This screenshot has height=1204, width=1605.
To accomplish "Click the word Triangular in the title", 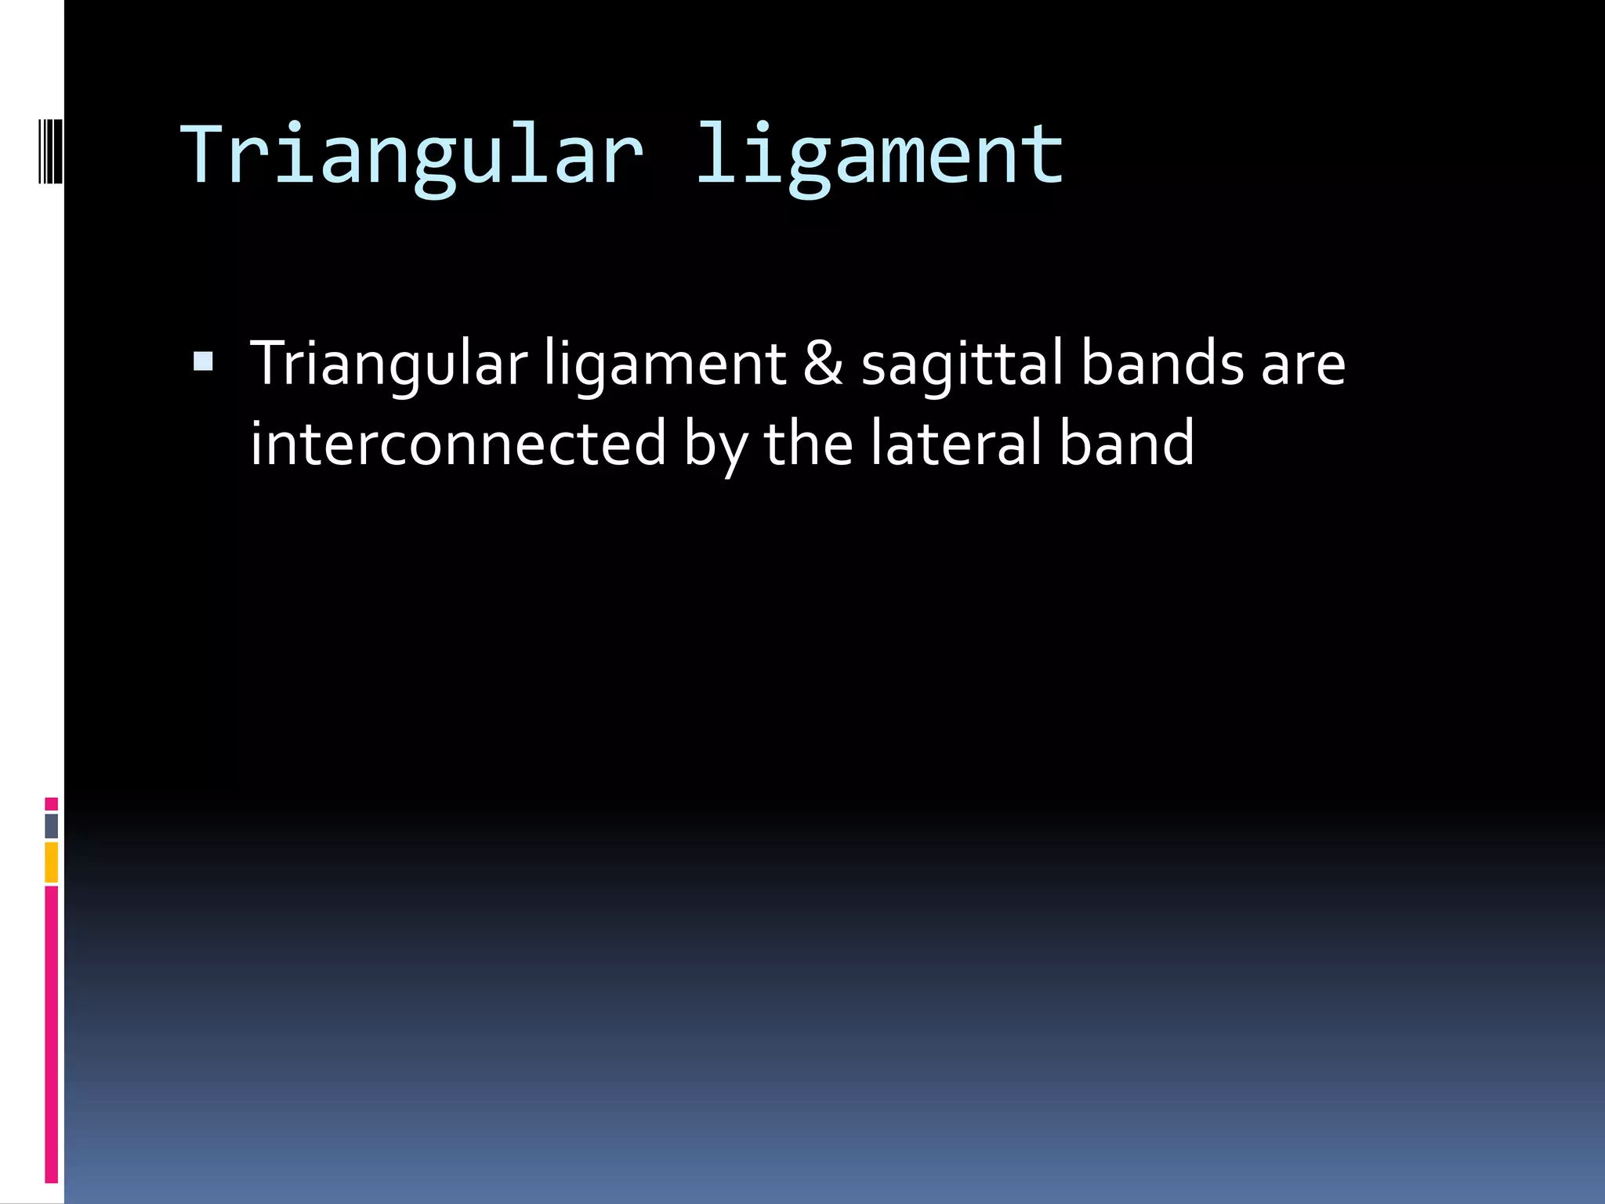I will (x=411, y=157).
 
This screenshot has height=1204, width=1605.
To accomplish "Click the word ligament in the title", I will (x=879, y=157).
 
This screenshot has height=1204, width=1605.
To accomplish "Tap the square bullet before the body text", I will (x=203, y=361).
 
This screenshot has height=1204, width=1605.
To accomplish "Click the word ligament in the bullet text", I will (x=665, y=364).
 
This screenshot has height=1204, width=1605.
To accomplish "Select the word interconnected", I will (x=458, y=443).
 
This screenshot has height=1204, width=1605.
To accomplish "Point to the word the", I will (x=808, y=443).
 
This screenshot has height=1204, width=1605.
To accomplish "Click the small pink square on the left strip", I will (x=51, y=803).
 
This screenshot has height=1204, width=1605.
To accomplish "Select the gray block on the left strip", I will (x=51, y=825).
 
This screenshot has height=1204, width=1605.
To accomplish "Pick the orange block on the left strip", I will (x=51, y=861).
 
